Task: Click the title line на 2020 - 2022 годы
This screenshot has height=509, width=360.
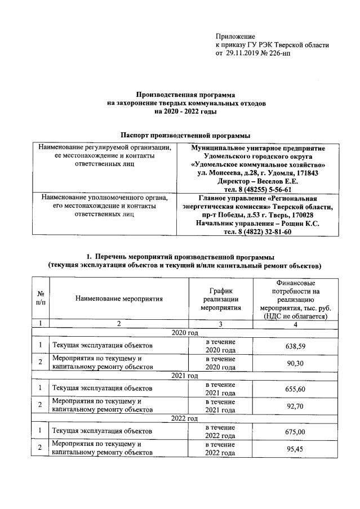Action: [185, 111]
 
